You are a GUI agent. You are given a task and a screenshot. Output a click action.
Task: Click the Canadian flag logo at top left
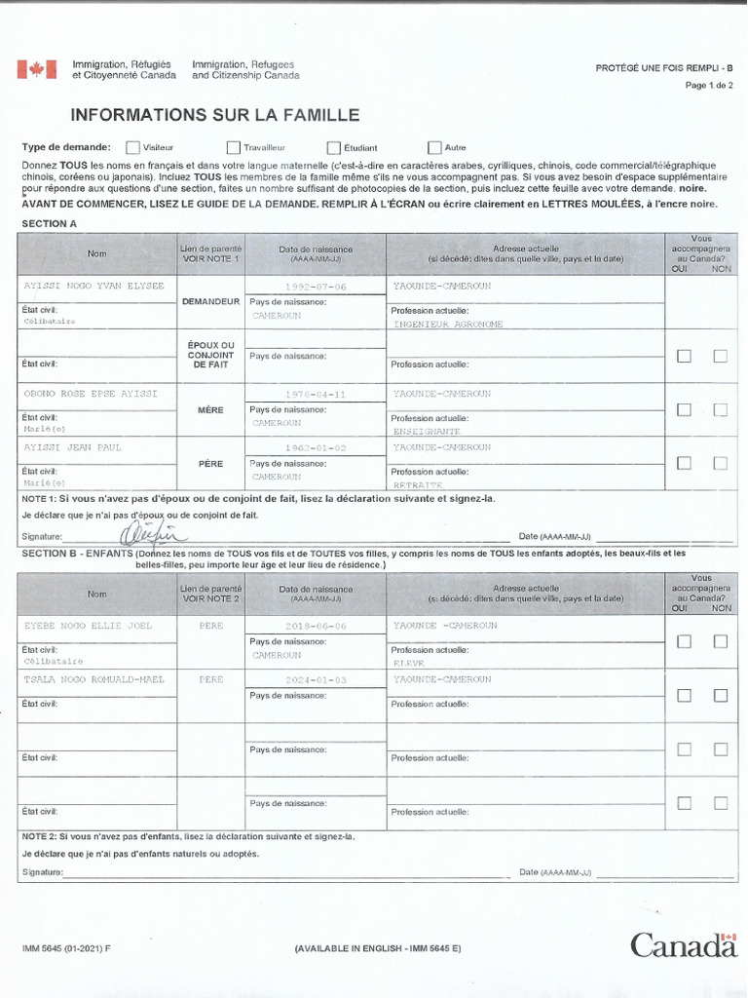point(36,69)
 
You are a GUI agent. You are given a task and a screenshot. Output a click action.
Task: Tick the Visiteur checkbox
point(132,148)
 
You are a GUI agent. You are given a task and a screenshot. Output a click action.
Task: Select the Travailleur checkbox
point(234,148)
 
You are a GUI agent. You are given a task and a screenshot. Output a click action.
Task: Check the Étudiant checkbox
point(334,148)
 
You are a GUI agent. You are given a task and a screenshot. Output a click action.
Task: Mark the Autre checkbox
point(434,148)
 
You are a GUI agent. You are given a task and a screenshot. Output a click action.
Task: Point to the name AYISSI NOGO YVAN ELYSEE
point(93,287)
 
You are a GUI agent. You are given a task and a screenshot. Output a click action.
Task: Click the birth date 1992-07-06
point(316,288)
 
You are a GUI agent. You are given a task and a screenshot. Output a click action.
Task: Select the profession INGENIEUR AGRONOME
point(448,324)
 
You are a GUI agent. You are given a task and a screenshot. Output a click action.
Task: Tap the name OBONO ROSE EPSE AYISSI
point(90,394)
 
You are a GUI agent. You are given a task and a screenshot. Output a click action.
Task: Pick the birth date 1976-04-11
point(316,395)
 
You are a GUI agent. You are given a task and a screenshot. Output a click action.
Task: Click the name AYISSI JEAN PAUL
point(73,447)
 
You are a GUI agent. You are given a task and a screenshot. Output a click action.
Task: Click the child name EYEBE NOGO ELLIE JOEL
point(88,626)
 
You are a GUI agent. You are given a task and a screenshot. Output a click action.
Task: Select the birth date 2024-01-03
point(316,680)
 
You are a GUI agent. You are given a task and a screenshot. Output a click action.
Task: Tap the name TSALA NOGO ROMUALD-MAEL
point(93,679)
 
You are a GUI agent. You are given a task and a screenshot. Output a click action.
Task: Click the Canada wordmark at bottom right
point(683,944)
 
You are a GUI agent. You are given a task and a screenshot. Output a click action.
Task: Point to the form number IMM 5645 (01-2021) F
point(66,948)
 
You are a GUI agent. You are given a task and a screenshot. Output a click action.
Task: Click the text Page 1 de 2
point(709,86)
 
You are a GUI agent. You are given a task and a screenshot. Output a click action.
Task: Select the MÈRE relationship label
point(210,410)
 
